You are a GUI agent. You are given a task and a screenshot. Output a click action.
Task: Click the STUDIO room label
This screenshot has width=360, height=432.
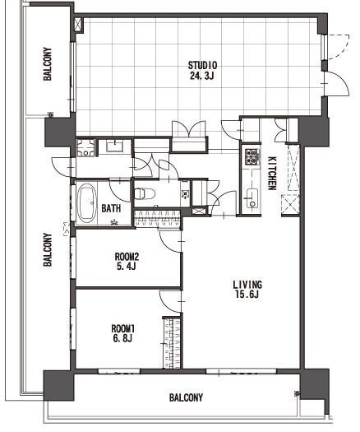[202, 66]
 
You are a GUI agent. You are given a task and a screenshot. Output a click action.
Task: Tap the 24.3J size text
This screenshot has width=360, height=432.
[201, 76]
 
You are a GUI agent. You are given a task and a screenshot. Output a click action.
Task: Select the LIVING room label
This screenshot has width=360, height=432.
[247, 285]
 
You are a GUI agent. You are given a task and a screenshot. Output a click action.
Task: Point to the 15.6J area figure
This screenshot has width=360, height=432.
[247, 295]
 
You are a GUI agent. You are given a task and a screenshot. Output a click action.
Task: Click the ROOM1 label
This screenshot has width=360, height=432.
[122, 328]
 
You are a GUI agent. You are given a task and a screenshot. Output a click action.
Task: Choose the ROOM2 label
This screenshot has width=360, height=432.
[127, 257]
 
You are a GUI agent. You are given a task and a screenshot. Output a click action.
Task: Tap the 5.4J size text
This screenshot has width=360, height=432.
[127, 267]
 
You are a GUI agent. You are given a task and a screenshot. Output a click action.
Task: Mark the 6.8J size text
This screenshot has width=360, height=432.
[122, 338]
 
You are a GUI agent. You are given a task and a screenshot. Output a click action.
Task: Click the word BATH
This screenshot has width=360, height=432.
[111, 208]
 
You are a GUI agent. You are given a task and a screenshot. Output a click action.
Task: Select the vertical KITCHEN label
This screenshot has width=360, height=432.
[272, 174]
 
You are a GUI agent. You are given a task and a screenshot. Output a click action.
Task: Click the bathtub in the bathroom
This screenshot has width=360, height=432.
[87, 203]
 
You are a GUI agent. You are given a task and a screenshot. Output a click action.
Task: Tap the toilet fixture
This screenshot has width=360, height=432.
[145, 193]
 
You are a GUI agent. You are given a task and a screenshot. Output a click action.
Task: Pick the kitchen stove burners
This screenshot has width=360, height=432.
[252, 156]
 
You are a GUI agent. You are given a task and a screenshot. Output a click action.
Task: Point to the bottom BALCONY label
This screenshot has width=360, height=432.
[186, 397]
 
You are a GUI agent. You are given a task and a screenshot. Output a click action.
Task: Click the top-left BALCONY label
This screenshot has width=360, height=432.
[48, 64]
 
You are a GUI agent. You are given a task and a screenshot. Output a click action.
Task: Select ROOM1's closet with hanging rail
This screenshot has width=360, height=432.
[173, 342]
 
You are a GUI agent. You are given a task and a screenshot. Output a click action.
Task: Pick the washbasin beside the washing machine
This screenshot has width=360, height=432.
[115, 145]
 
